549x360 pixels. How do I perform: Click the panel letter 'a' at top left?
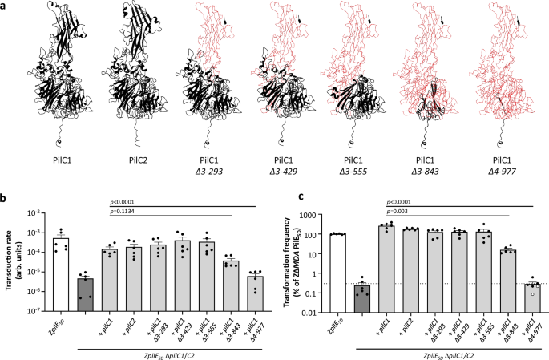pos(5,6)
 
